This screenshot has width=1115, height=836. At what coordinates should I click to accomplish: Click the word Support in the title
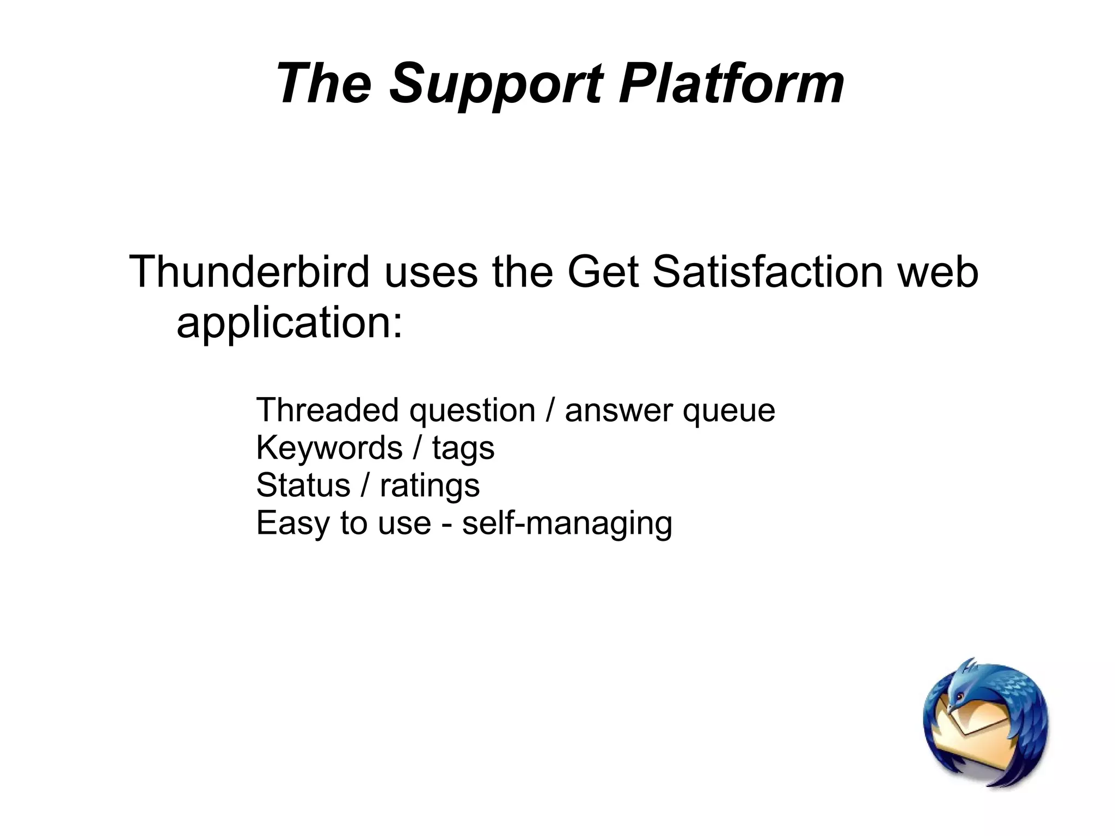496,84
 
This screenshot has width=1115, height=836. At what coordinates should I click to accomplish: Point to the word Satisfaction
767,272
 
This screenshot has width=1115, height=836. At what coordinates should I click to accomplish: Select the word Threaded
327,410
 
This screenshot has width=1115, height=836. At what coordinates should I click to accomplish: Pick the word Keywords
329,448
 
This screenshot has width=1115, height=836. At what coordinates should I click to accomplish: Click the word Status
303,485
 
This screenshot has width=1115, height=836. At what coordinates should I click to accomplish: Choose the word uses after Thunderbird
431,272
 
